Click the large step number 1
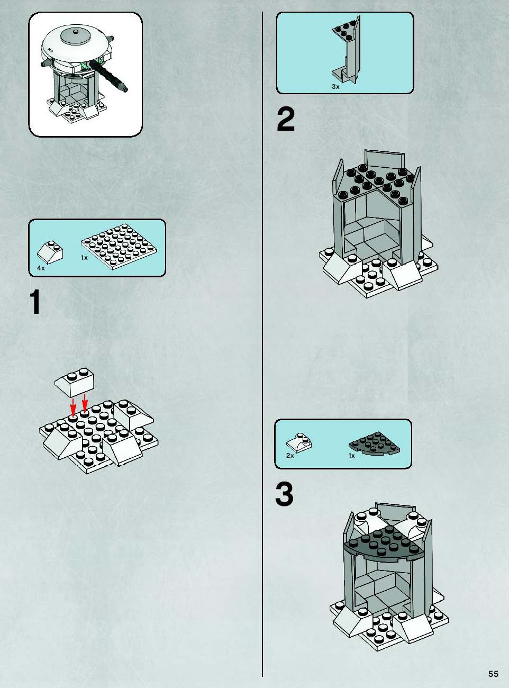pos(35,302)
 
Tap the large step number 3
pos(284,495)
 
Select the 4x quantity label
pos(41,268)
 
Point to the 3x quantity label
pos(335,87)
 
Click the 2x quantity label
pos(290,456)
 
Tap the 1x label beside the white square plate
pos(84,258)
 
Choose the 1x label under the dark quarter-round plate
pos(351,456)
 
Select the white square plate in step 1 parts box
pos(119,246)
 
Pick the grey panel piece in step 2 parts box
pos(346,50)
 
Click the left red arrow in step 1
pos(73,407)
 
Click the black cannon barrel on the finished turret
pos(108,76)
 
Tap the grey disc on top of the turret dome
pos(75,36)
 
